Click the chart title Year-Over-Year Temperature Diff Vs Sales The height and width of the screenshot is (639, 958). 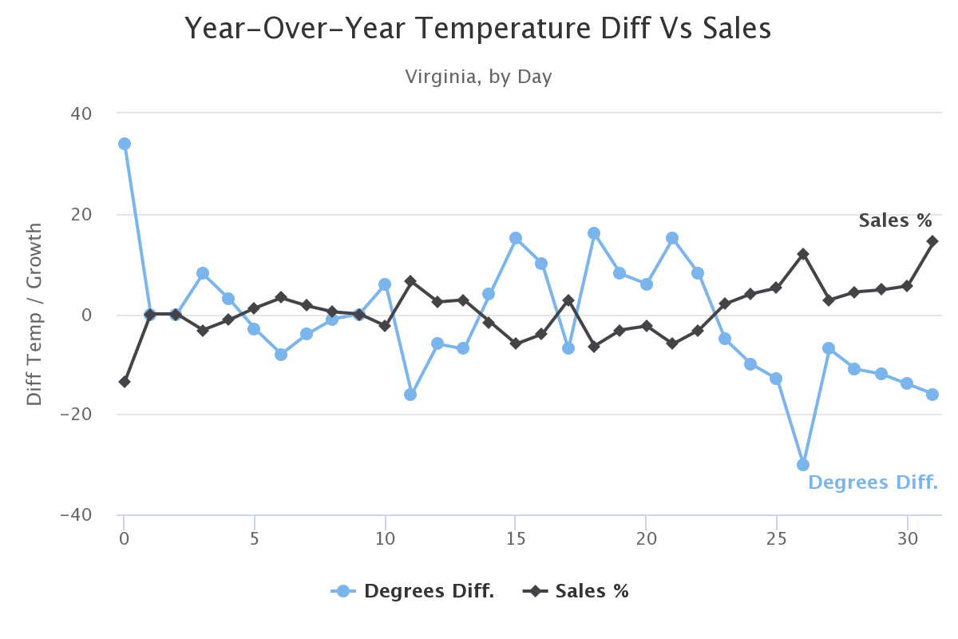[x=477, y=30]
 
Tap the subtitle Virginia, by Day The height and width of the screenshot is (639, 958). [x=478, y=77]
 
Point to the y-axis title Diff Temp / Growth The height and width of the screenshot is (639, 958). [x=34, y=314]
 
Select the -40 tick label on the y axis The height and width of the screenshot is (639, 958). [x=77, y=514]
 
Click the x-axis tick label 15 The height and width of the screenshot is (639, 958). [x=516, y=538]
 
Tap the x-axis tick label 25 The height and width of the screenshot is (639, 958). [x=776, y=538]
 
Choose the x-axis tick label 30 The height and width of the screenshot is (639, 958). [x=906, y=538]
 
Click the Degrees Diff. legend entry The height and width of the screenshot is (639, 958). [x=414, y=591]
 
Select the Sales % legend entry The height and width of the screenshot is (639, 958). [x=576, y=591]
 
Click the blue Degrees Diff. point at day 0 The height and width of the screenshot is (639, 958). [x=125, y=144]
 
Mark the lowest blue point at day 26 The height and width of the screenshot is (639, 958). [x=803, y=465]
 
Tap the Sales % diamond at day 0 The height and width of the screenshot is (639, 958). [x=125, y=382]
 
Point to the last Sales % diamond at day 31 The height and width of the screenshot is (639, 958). [x=932, y=241]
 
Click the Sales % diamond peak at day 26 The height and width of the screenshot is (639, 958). [x=803, y=254]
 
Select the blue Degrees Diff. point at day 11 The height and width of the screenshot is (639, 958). [x=410, y=395]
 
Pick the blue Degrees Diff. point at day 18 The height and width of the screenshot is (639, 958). [x=594, y=233]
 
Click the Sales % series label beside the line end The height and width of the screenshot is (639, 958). [x=895, y=220]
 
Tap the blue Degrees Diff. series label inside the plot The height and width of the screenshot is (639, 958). [x=873, y=482]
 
